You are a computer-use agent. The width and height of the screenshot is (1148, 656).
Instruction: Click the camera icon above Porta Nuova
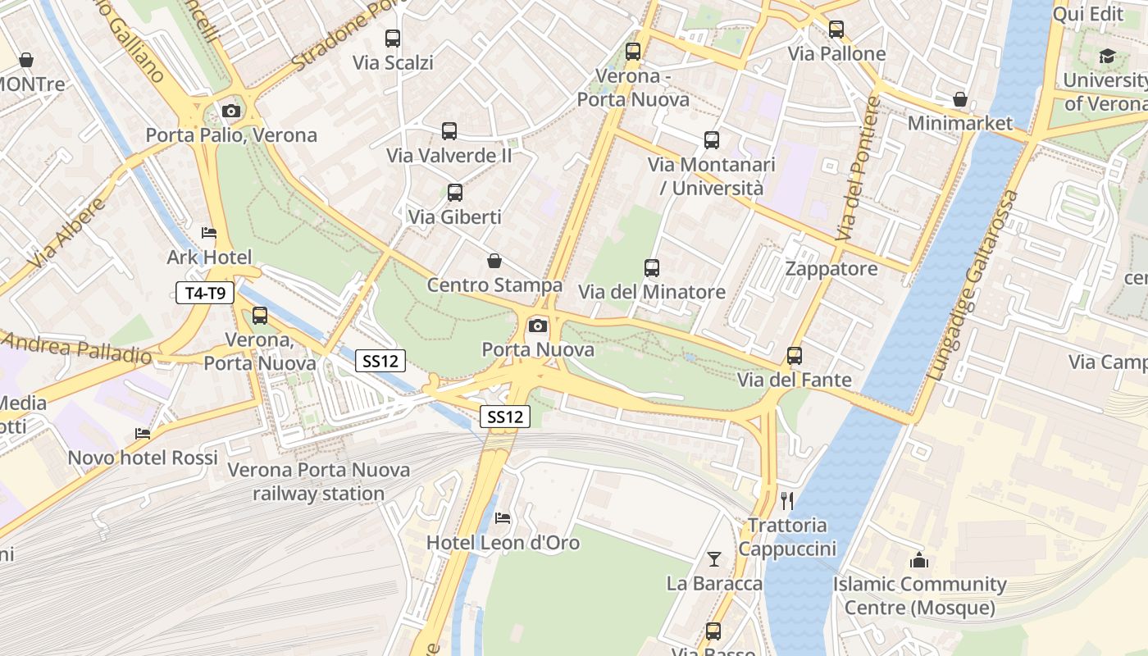pos(538,326)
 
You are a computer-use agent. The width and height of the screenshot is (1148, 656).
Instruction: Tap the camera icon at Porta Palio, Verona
pos(231,112)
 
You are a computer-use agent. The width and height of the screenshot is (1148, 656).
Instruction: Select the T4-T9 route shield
pos(205,292)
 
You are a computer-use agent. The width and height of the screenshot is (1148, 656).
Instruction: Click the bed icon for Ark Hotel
pos(209,233)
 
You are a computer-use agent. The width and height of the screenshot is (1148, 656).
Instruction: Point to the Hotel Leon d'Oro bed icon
pos(503,518)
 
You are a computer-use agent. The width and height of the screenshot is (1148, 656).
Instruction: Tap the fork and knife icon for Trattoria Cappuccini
pos(787,500)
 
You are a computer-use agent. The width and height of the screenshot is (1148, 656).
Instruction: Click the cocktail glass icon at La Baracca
pos(714,559)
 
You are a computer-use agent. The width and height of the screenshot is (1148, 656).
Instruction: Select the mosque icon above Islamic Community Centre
pos(919,561)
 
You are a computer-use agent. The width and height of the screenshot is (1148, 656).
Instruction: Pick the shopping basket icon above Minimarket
pos(960,99)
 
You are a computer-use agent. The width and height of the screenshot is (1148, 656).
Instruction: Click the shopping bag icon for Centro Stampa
pos(494,261)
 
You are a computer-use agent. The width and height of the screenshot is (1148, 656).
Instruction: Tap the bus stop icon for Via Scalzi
pos(393,38)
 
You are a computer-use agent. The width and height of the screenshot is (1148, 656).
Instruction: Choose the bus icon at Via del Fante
pos(794,356)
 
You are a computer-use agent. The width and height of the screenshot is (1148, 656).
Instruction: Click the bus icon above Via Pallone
pos(836,30)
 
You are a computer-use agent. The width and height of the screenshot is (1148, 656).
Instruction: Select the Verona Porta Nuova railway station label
pos(318,482)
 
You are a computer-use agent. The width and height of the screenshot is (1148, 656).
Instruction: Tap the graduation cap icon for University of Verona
pos(1107,57)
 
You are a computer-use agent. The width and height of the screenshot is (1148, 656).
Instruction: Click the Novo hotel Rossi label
pos(143,458)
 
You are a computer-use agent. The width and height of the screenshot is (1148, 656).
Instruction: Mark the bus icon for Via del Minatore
pos(652,268)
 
